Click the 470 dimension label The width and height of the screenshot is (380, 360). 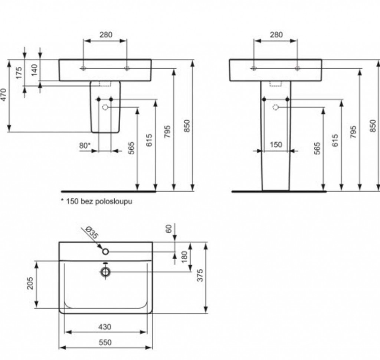coord(3,95)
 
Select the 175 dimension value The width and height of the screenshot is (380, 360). coord(19,73)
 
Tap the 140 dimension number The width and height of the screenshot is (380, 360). coord(35,70)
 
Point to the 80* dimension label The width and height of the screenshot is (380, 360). coord(85,146)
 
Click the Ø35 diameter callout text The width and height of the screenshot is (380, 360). coord(92,232)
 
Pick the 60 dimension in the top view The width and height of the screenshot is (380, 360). coord(169,229)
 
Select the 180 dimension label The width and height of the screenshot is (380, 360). coord(184,257)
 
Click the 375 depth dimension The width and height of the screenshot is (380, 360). coord(200,275)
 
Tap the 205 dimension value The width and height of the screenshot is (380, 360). coord(30,283)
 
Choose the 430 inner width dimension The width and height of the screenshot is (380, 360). coord(105,327)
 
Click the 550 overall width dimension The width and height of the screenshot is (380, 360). coord(105,342)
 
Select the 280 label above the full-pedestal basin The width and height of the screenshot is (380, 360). coord(276,35)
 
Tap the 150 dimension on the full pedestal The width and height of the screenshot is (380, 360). coord(276,145)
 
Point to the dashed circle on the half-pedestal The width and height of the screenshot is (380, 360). coord(105,107)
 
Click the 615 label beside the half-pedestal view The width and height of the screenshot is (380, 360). coord(149,140)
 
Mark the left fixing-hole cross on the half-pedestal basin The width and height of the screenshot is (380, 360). coord(83,68)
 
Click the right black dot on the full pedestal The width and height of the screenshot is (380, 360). coord(288,99)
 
